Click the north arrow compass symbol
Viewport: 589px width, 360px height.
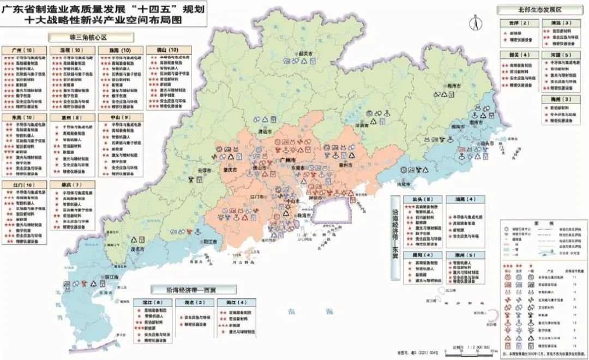(475, 25)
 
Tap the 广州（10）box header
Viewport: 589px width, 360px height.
(23, 50)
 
